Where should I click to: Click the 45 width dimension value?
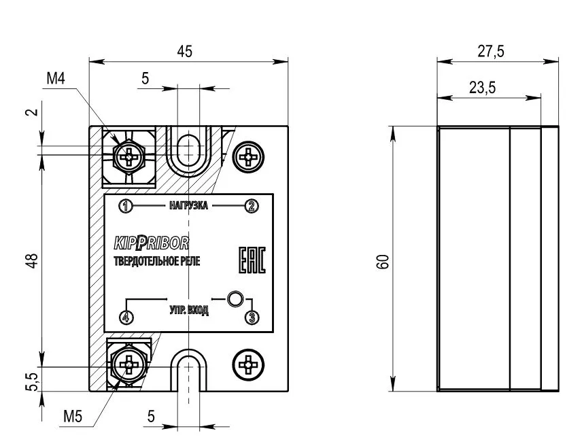coord(185,52)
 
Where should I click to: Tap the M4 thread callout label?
coord(56,79)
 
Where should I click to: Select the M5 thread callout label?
coord(73,416)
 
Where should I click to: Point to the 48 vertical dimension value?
coord(33,260)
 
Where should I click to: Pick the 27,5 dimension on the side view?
coord(491,52)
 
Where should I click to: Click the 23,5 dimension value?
coord(482,88)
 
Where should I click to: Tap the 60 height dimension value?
coord(383,262)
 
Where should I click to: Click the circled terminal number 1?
coord(126,206)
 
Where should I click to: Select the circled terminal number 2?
coord(252,206)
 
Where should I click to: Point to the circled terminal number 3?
coord(252,317)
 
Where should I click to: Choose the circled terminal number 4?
coord(126,317)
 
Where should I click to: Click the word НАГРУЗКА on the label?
coord(188,205)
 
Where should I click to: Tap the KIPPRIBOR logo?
coord(151,243)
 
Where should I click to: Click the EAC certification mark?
coord(252,260)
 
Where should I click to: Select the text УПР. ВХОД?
coord(189,310)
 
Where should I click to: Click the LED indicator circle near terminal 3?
coord(235,298)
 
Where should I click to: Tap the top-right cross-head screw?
coord(248,157)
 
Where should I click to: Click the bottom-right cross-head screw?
coord(248,364)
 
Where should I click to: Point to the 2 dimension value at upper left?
coord(33,111)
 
